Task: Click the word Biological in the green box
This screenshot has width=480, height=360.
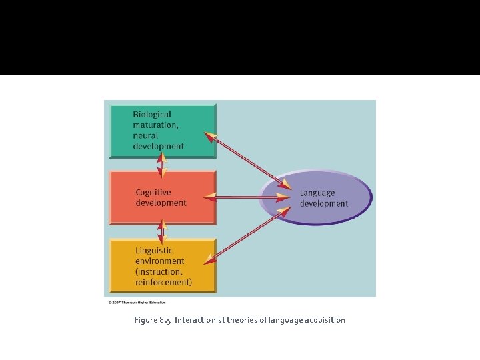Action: (152, 115)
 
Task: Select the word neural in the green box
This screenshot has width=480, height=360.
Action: (145, 135)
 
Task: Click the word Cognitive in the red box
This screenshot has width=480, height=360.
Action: (153, 193)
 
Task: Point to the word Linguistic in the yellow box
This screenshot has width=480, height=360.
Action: (154, 251)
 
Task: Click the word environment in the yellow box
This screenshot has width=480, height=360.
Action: (160, 261)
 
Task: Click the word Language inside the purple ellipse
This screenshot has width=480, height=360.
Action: (317, 193)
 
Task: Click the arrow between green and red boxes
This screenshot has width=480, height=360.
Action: (161, 165)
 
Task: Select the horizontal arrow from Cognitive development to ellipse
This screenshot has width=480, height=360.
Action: (247, 197)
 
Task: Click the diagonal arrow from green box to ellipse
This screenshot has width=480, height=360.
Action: (247, 160)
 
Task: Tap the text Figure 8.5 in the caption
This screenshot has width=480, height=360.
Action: (152, 320)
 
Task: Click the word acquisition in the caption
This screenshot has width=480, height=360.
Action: (322, 320)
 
